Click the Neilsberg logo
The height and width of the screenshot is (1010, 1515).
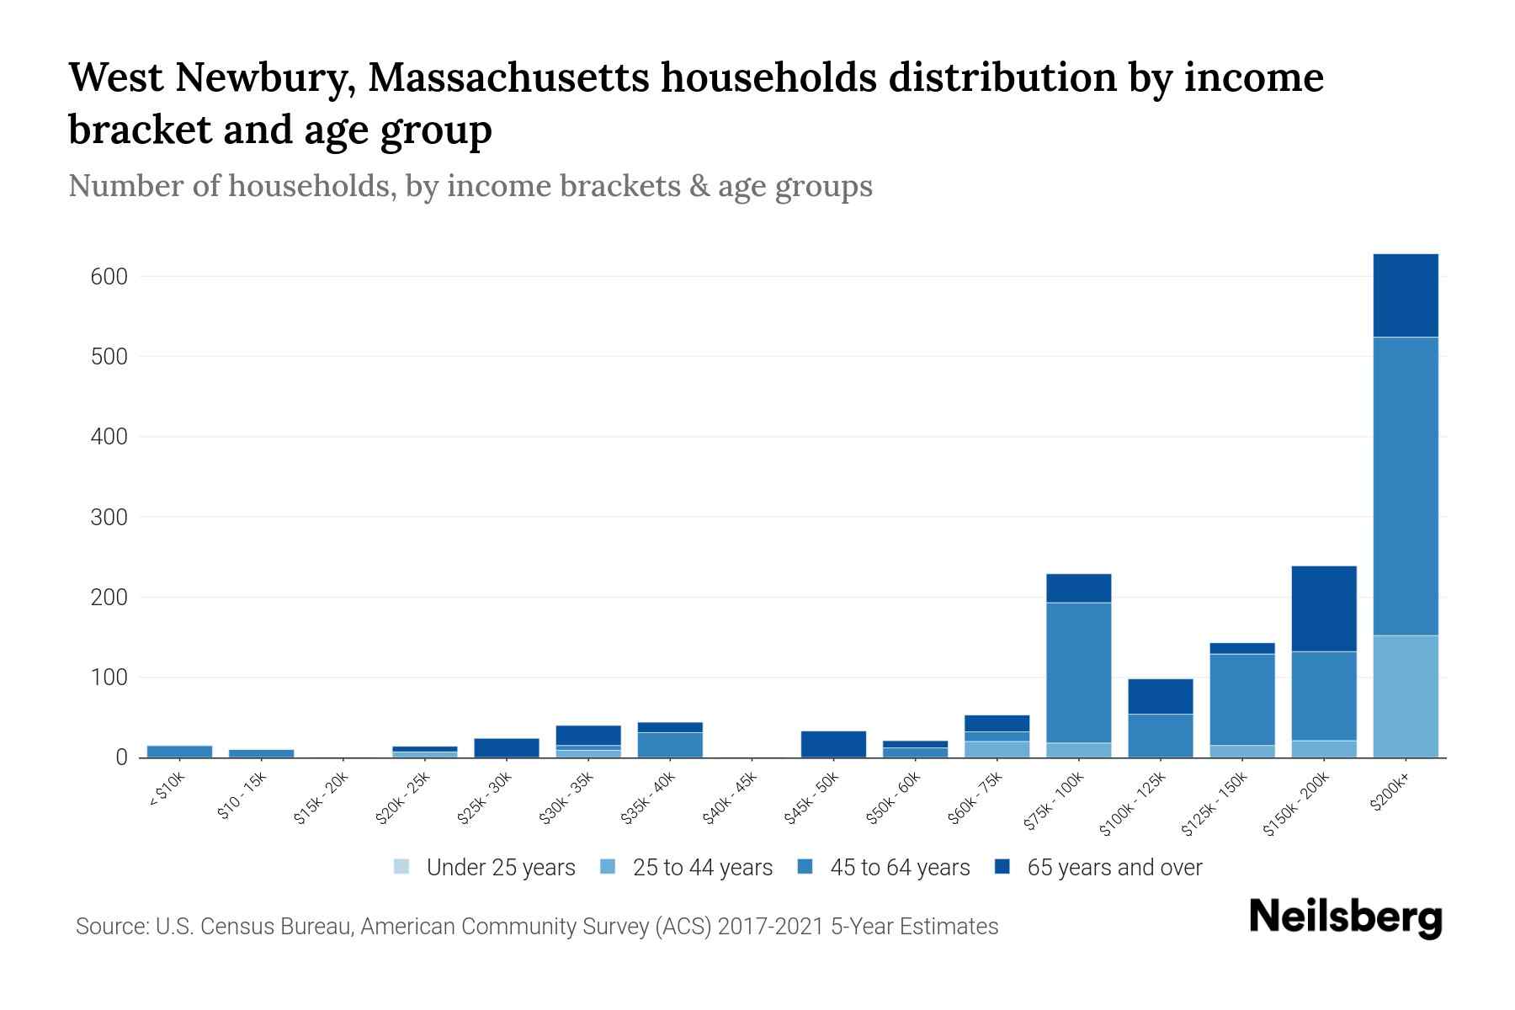[1345, 918]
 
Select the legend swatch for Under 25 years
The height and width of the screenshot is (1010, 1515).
[402, 867]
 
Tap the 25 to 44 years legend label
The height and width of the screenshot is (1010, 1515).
[702, 868]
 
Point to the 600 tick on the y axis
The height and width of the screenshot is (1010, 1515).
[109, 277]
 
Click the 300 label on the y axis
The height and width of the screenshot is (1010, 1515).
[109, 518]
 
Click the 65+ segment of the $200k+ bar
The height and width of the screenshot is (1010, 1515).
[1405, 295]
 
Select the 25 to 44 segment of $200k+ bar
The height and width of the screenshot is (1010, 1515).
[1405, 696]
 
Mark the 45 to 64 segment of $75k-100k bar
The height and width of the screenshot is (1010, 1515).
[1078, 672]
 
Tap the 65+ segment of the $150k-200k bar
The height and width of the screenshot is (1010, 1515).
[1324, 609]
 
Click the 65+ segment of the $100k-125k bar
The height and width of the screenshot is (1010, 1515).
[1160, 696]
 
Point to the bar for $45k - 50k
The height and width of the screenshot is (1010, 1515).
[833, 744]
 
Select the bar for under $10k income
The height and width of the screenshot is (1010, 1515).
[179, 751]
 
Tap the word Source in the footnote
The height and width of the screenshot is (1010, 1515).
[109, 927]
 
